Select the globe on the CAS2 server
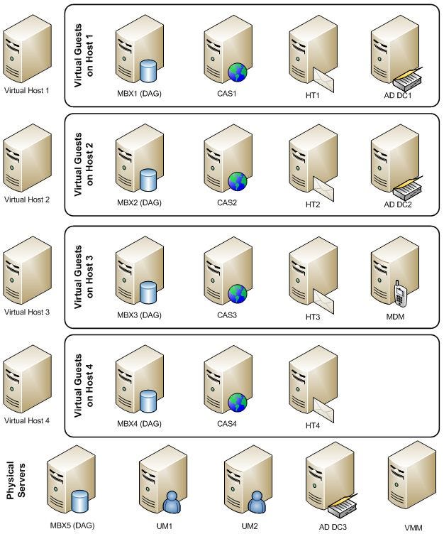[236, 181]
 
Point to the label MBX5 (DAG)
[72, 525]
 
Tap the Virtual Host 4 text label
[27, 420]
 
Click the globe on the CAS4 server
[236, 403]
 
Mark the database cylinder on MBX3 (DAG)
[148, 293]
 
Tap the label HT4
[313, 425]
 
